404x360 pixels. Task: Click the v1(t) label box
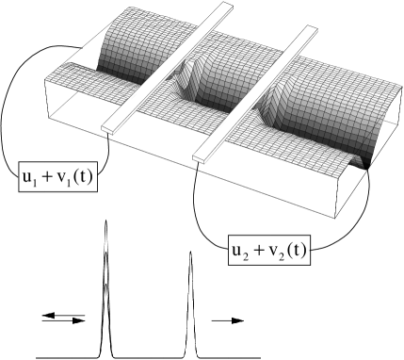[75, 177]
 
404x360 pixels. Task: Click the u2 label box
[250, 252]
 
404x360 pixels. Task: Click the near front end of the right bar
[201, 153]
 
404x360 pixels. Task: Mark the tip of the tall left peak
[106, 222]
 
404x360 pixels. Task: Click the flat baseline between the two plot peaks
[151, 357]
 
